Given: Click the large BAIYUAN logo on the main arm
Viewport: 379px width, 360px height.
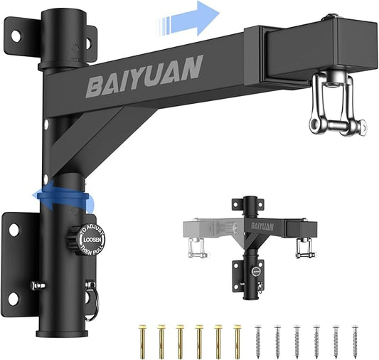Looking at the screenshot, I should (x=144, y=75).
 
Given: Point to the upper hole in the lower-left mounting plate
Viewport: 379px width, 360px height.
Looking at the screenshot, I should (x=14, y=229).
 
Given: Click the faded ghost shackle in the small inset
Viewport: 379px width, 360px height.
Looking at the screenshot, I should (x=196, y=246).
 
